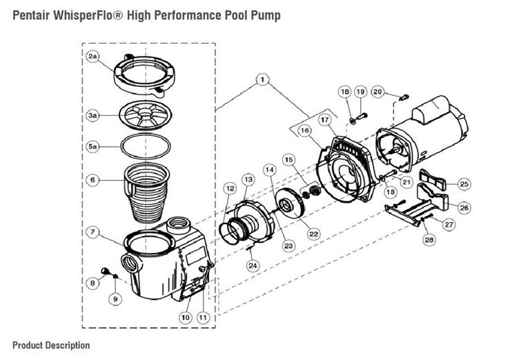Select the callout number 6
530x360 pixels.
point(92,181)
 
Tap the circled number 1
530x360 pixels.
point(262,81)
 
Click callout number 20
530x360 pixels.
point(377,92)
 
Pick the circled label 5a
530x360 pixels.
point(92,147)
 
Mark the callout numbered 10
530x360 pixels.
point(184,317)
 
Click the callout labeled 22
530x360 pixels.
point(313,234)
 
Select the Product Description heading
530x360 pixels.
point(50,345)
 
